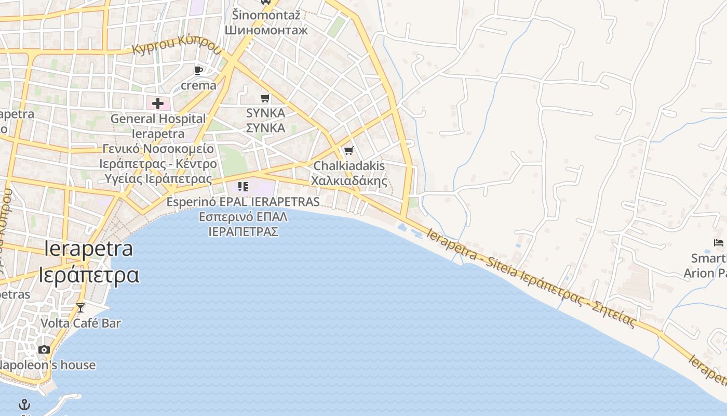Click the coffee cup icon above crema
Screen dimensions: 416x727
click(198, 70)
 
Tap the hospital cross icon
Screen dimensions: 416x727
click(158, 103)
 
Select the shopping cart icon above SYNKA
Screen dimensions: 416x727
click(265, 98)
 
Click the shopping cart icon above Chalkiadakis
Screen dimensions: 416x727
click(349, 151)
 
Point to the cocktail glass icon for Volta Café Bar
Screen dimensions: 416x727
click(80, 307)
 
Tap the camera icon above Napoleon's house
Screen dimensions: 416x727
click(44, 349)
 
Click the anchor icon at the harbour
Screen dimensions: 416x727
click(24, 405)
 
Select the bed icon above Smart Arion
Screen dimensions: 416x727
click(719, 242)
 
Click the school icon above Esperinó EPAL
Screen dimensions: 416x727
click(243, 186)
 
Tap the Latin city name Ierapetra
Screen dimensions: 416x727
click(89, 249)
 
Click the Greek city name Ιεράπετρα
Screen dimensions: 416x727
click(89, 275)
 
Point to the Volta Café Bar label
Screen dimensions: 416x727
click(80, 323)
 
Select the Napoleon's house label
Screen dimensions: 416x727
click(47, 365)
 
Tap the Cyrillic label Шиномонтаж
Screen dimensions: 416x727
click(266, 30)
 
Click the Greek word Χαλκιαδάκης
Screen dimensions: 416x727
click(349, 181)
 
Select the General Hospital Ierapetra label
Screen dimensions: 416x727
click(158, 126)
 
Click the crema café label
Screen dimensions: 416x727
click(198, 85)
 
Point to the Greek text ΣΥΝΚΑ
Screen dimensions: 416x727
click(265, 128)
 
